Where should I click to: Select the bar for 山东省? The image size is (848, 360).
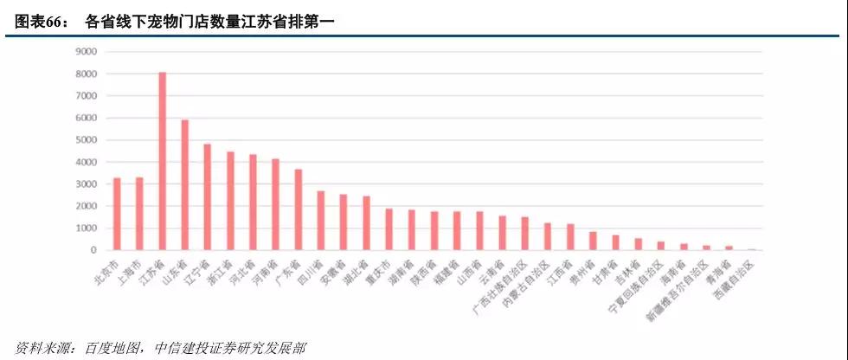(184, 185)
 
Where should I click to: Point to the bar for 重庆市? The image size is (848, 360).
(389, 229)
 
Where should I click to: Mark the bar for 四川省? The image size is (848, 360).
(320, 221)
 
